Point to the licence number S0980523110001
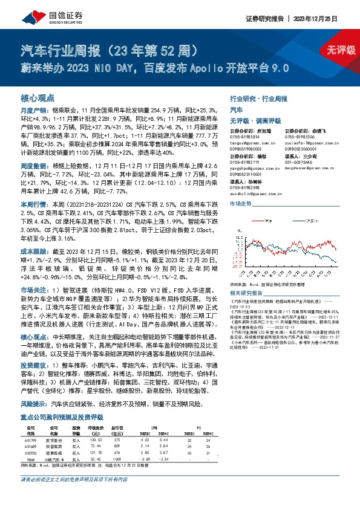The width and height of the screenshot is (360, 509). [x=248, y=173]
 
